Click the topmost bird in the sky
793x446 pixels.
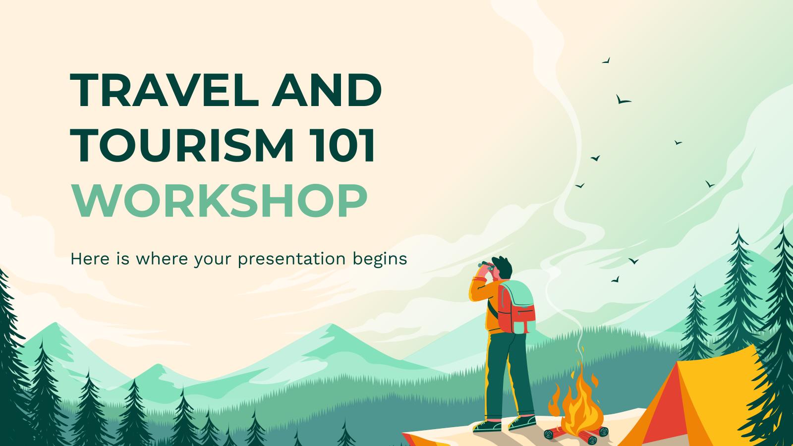605,61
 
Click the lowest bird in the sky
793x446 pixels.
615,279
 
